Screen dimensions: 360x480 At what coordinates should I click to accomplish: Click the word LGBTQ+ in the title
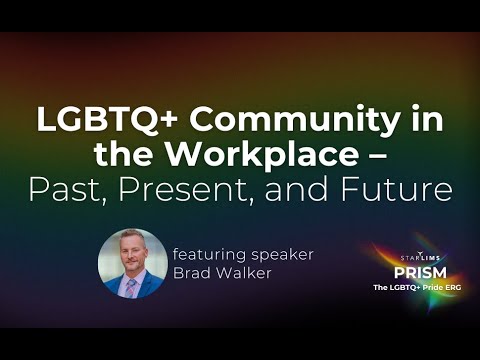click(89, 120)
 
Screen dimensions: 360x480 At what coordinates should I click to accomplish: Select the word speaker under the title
click(283, 254)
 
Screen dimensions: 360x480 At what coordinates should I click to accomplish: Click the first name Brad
click(192, 273)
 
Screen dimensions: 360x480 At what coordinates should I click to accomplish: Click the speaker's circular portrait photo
click(132, 264)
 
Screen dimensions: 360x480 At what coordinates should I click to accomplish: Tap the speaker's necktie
click(132, 288)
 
